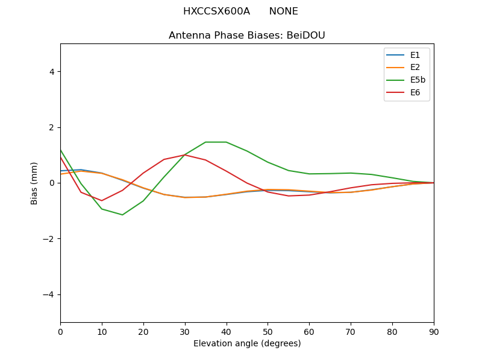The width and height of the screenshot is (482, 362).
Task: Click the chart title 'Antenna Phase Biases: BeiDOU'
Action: [x=247, y=36]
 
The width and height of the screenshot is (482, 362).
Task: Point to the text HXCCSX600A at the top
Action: [x=216, y=11]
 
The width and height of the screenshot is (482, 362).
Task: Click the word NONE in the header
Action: [x=283, y=11]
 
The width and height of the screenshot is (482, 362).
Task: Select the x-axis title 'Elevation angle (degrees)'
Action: [x=247, y=344]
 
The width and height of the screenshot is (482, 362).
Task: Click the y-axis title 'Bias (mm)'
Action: [x=34, y=183]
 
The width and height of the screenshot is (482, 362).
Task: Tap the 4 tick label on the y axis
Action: [x=52, y=72]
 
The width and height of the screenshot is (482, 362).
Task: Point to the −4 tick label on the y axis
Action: [x=49, y=294]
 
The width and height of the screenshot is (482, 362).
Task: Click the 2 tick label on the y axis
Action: [x=52, y=127]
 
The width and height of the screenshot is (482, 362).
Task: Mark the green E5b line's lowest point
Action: [x=122, y=215]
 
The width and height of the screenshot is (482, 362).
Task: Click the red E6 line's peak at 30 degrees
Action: [x=185, y=155]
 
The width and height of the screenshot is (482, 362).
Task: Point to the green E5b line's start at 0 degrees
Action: [x=61, y=150]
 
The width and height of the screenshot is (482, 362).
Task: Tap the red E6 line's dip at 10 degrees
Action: [x=102, y=200]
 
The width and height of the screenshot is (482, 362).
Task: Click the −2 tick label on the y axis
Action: [x=49, y=239]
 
